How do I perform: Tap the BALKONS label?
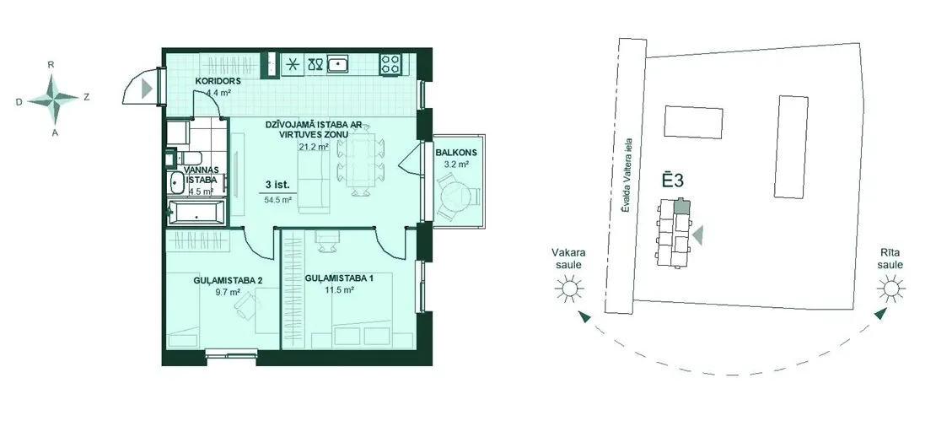coord(452,152)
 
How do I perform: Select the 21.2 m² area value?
coord(315,146)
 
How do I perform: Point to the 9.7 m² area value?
coord(229,292)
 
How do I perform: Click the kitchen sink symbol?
coord(338,62)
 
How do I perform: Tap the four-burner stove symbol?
coord(391,63)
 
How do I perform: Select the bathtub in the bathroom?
coord(196,213)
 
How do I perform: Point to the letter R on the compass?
coord(51,64)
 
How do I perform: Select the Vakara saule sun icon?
coord(568,289)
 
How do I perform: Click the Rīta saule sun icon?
coord(890,289)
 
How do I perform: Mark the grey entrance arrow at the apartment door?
coord(147,89)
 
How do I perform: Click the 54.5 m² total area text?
coord(277,201)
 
